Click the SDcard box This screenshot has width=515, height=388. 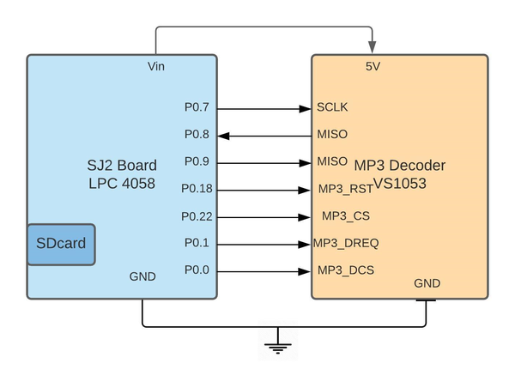tap(62, 245)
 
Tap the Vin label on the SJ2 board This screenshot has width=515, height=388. tap(156, 66)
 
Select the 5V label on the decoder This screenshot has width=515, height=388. tap(373, 66)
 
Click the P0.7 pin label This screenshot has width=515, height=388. tap(197, 107)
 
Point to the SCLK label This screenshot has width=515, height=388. tap(332, 107)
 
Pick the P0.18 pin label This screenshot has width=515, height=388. tap(197, 189)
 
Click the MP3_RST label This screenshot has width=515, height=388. tap(346, 189)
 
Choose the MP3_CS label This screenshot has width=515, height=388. tap(346, 215)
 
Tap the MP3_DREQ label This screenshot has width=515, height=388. tap(346, 243)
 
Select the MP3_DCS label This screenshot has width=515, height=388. tap(346, 270)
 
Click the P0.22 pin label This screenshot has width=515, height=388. tap(197, 216)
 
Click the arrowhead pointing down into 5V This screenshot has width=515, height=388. tap(372, 47)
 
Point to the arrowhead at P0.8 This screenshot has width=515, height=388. tap(223, 136)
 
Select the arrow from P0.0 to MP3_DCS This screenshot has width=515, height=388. tap(264, 272)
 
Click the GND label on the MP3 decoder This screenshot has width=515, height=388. tap(427, 283)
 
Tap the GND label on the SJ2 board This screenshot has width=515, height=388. tap(142, 276)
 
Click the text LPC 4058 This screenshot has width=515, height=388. tap(122, 184)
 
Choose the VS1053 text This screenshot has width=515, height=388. tap(400, 184)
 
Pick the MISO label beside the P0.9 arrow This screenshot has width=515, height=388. tap(332, 161)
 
